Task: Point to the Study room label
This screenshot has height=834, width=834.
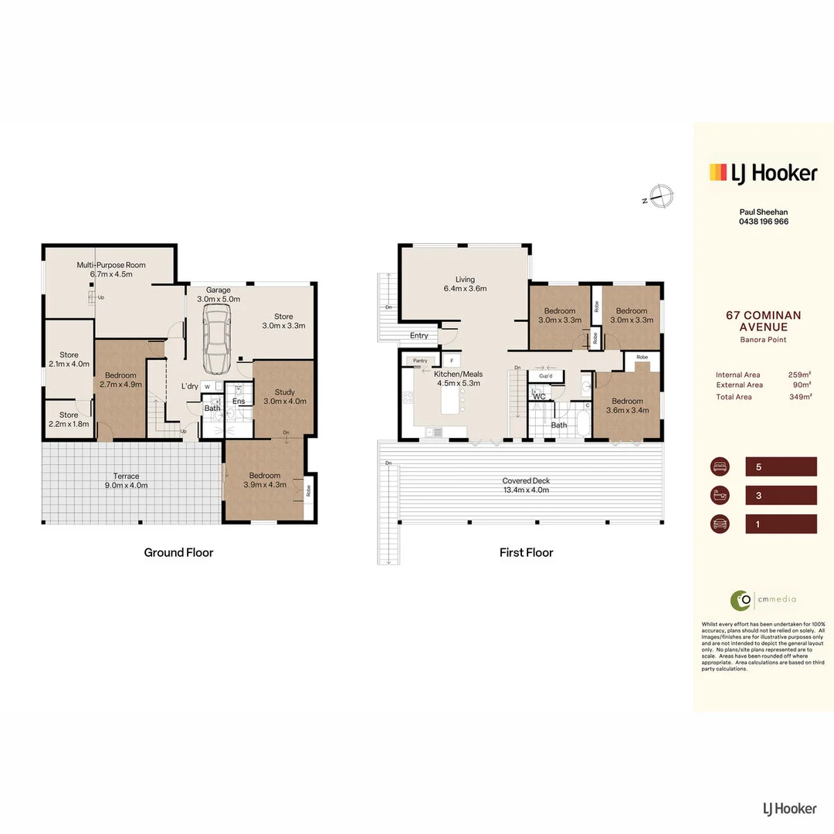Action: click(284, 396)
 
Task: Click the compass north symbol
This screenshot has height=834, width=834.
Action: click(660, 196)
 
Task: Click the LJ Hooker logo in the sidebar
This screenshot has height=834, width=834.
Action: click(762, 173)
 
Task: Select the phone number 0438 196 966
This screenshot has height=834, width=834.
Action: click(763, 222)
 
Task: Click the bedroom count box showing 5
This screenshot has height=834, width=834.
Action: click(781, 466)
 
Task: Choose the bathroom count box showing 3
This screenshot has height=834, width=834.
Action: click(781, 495)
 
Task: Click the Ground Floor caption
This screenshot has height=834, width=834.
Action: click(178, 552)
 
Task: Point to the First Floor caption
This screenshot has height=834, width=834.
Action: click(526, 552)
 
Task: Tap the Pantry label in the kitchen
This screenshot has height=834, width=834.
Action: click(420, 361)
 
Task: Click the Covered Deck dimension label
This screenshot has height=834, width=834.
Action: click(526, 486)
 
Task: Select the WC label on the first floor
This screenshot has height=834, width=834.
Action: click(539, 397)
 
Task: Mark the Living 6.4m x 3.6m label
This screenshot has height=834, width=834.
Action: click(465, 283)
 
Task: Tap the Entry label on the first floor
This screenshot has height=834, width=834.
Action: click(419, 335)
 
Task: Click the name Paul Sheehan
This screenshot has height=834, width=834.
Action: click(763, 212)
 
